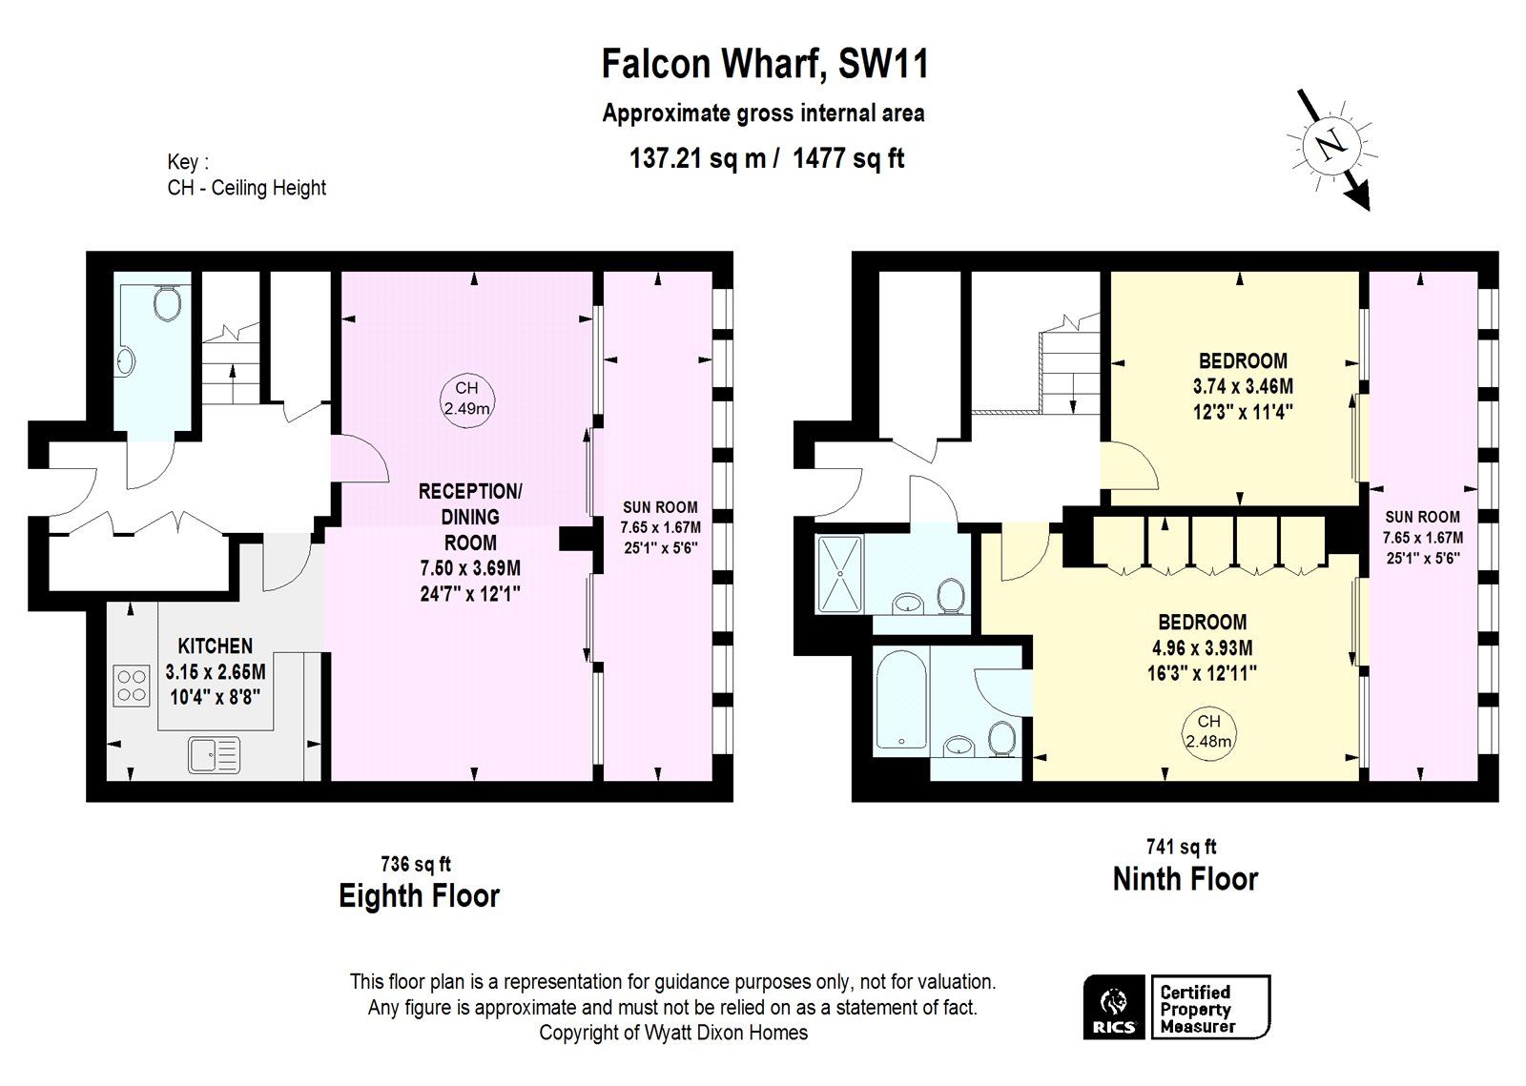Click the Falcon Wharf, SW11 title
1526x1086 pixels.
(764, 64)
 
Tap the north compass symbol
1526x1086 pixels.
(1331, 146)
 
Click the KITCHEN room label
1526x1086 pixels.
(215, 645)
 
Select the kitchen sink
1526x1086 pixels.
(214, 755)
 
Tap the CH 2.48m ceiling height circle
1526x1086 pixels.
(1208, 731)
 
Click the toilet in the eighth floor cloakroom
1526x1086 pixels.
(168, 303)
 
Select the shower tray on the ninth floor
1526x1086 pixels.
(839, 573)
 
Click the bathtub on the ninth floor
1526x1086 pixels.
(901, 700)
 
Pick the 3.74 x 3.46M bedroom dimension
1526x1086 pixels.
(1243, 387)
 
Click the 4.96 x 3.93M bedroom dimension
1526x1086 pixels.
(1202, 648)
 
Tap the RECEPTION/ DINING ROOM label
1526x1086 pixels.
(470, 517)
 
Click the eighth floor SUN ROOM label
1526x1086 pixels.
(660, 507)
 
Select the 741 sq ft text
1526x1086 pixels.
(1181, 847)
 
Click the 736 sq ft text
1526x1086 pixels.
(415, 865)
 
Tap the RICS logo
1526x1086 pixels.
(1114, 1007)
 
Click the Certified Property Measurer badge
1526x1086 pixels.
(1209, 1008)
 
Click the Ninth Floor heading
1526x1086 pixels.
(1185, 879)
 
